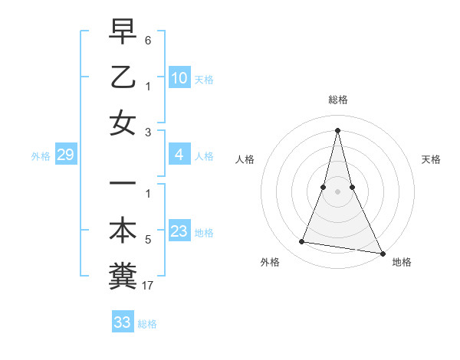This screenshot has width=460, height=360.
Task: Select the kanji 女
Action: (x=123, y=124)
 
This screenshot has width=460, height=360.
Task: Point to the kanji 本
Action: (x=123, y=231)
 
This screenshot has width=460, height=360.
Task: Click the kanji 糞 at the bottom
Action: (x=123, y=276)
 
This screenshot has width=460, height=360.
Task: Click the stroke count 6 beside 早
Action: (x=147, y=38)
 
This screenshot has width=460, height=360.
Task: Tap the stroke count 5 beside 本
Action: (x=147, y=240)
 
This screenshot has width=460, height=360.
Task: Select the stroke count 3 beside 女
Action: (x=147, y=133)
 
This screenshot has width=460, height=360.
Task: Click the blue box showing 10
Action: (x=179, y=78)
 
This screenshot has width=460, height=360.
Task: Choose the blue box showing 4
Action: (x=179, y=155)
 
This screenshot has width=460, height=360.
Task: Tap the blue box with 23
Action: (x=179, y=231)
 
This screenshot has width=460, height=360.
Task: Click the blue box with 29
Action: (x=65, y=155)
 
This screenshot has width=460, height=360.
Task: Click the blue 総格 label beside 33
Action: (x=147, y=324)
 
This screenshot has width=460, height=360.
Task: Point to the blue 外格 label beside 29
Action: (x=41, y=156)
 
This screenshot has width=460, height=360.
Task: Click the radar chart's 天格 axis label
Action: (x=431, y=159)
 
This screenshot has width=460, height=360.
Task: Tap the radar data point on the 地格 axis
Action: (x=382, y=253)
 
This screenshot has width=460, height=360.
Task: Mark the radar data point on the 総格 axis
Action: (x=337, y=129)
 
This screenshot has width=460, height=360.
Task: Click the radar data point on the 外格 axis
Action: (x=302, y=242)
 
